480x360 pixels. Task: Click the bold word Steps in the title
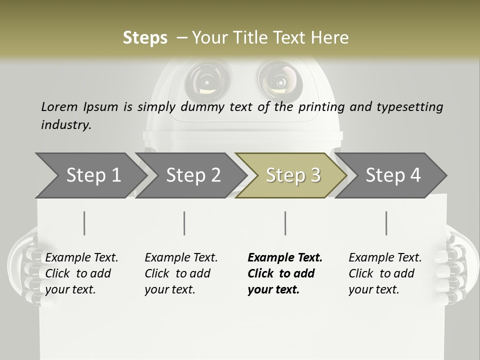click(145, 38)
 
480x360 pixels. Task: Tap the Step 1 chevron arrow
click(92, 175)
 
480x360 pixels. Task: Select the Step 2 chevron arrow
click(192, 175)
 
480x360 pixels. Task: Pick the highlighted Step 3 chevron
click(292, 175)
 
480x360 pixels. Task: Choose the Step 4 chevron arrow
click(392, 175)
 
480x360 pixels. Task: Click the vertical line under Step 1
click(84, 223)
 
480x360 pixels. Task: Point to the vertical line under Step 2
click(184, 223)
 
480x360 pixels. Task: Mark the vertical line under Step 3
click(285, 223)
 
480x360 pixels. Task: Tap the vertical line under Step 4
click(386, 223)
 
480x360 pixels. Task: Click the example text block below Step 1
click(81, 273)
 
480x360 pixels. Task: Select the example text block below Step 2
click(181, 273)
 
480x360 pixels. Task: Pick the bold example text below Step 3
click(285, 273)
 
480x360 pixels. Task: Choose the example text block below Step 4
click(385, 273)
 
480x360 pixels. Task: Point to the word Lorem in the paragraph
click(59, 107)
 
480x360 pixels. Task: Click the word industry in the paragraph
click(66, 125)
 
